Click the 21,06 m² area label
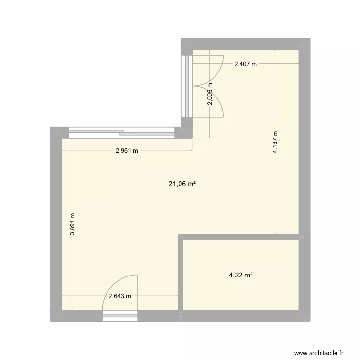coord(181,183)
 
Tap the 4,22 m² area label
coord(241,275)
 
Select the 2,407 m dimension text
coord(245,64)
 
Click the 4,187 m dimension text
coord(275,143)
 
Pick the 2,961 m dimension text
coord(127,151)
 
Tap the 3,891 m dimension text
coord(72,224)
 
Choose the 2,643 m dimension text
coord(120,296)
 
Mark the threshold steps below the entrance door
coord(120,315)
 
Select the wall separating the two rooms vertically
coord(181,274)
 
